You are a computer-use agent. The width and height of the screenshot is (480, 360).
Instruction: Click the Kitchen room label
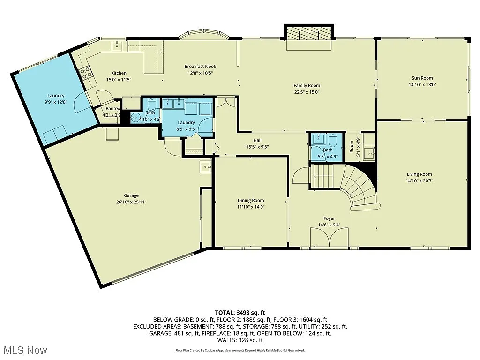pyautogui.click(x=119, y=73)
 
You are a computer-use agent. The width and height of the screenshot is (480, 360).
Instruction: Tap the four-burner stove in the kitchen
pyautogui.click(x=86, y=72)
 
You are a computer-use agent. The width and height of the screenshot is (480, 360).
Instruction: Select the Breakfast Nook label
pyautogui.click(x=200, y=67)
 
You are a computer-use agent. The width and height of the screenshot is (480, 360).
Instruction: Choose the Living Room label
pyautogui.click(x=419, y=174)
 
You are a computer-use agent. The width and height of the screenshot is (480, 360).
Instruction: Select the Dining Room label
pyautogui.click(x=251, y=201)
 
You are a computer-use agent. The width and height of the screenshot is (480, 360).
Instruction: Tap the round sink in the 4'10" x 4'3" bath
pyautogui.click(x=135, y=118)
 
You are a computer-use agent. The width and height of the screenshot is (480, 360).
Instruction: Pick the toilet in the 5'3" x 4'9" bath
pyautogui.click(x=333, y=140)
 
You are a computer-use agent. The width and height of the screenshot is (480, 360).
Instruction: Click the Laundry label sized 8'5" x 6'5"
pyautogui.click(x=186, y=122)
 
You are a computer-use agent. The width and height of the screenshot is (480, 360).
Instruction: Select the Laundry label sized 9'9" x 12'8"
pyautogui.click(x=56, y=96)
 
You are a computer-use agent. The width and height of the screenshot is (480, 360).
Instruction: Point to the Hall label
pyautogui.click(x=257, y=140)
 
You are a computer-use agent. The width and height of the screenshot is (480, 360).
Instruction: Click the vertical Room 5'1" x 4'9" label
pyautogui.click(x=352, y=146)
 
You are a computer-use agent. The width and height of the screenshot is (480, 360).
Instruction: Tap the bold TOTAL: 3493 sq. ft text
pyautogui.click(x=240, y=312)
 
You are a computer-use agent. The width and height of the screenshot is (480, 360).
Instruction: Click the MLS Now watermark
pyautogui.click(x=24, y=350)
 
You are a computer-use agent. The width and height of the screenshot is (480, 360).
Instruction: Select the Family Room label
pyautogui.click(x=307, y=85)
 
